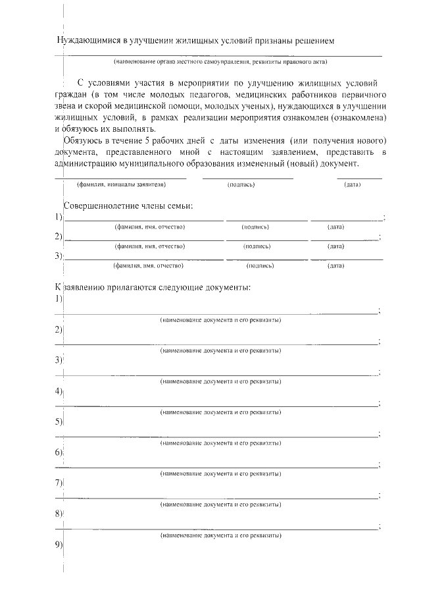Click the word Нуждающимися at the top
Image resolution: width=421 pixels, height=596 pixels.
click(x=87, y=41)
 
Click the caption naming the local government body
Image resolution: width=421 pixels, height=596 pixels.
click(x=220, y=62)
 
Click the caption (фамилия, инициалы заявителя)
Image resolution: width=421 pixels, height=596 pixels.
click(x=121, y=184)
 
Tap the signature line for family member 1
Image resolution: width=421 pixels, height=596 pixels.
click(x=266, y=219)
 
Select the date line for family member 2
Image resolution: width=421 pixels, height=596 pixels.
click(x=345, y=238)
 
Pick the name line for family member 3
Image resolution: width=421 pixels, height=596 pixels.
click(x=143, y=258)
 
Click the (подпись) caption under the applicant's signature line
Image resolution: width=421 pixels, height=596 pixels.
click(x=241, y=184)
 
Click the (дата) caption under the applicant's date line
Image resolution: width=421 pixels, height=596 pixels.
click(x=353, y=184)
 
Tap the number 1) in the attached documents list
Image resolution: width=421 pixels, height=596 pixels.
click(x=59, y=298)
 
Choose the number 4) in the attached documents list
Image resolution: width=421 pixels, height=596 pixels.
click(x=59, y=391)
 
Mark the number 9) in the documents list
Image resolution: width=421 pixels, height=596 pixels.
click(x=59, y=545)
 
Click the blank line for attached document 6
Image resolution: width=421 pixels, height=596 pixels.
click(x=217, y=465)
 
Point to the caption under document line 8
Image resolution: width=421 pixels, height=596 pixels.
click(x=221, y=535)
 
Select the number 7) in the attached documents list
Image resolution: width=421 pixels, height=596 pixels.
click(x=59, y=483)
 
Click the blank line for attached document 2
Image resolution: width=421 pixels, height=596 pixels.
click(x=217, y=342)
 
